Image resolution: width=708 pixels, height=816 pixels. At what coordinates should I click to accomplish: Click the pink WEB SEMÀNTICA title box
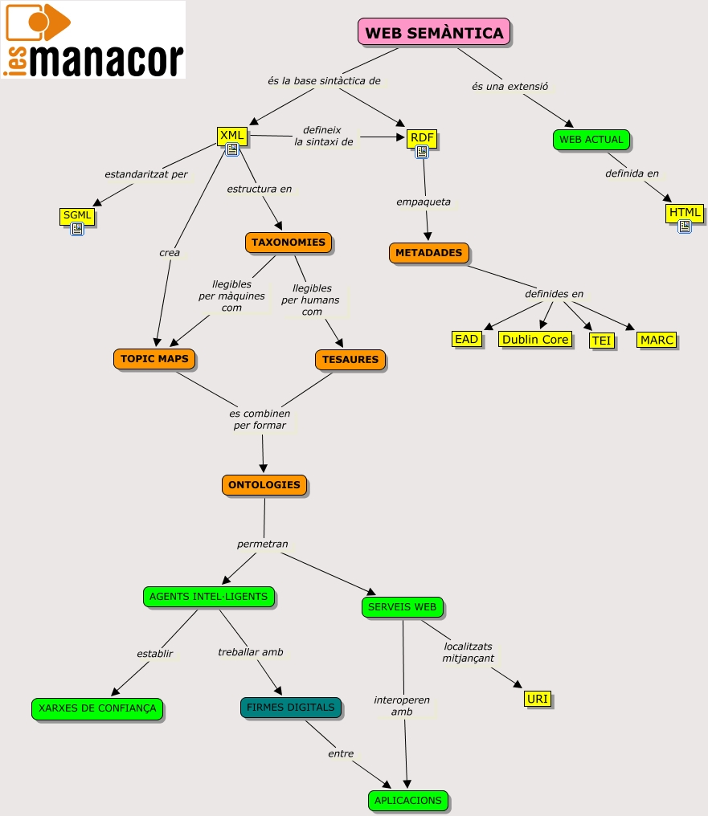click(434, 33)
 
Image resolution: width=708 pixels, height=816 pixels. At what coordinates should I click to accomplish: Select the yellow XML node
click(231, 136)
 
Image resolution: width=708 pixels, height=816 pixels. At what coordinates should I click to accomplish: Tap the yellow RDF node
click(421, 138)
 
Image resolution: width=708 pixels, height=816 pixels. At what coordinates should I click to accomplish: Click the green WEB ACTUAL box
click(591, 140)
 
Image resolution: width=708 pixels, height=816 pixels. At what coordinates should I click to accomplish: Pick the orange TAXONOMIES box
click(288, 243)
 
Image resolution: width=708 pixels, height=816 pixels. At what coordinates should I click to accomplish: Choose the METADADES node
click(428, 253)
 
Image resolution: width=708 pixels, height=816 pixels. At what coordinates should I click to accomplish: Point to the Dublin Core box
click(535, 340)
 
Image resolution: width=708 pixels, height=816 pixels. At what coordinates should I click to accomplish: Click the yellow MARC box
click(657, 341)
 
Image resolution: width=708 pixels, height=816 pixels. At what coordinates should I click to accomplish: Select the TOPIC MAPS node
click(154, 359)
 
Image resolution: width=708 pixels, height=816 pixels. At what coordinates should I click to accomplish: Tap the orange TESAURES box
click(350, 360)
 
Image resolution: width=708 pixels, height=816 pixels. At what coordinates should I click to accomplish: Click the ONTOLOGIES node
click(264, 485)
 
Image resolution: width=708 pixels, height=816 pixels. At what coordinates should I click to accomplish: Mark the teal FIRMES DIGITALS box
click(290, 708)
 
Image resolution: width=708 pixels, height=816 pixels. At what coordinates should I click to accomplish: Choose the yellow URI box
click(537, 699)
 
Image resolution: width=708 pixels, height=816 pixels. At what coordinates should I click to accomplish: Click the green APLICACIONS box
click(407, 801)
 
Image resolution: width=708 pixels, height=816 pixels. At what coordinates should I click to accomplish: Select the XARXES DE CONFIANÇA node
click(97, 708)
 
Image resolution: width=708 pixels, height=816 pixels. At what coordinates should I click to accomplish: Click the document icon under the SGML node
click(77, 230)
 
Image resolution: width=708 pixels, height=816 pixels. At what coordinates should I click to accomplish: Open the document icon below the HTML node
click(685, 227)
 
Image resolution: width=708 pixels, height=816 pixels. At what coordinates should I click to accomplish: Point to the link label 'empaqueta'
click(424, 202)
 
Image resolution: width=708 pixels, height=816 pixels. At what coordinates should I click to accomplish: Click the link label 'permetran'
click(262, 545)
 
